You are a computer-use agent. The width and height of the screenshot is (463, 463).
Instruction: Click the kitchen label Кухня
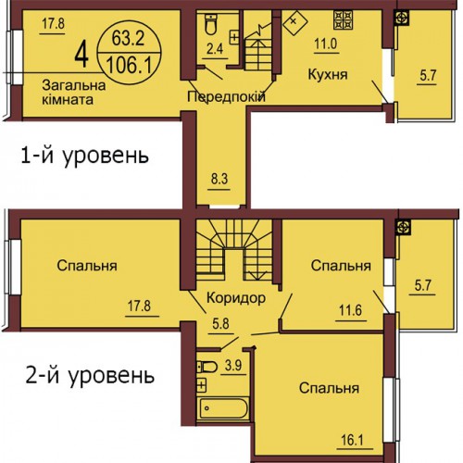click(x=328, y=75)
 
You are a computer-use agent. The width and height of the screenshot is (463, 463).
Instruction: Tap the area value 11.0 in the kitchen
click(x=326, y=44)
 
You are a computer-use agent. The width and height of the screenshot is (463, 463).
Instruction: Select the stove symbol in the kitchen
click(x=343, y=20)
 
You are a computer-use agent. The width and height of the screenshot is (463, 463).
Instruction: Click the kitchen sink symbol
click(x=295, y=21)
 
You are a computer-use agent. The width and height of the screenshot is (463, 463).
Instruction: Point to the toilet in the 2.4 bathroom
click(x=211, y=24)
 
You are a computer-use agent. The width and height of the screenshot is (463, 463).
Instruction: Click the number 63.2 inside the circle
click(x=128, y=39)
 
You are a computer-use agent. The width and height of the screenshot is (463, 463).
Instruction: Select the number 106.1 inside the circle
click(x=129, y=66)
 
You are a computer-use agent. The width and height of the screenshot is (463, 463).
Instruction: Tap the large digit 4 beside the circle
click(x=81, y=55)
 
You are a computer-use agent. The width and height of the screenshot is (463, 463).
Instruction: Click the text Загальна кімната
click(x=74, y=92)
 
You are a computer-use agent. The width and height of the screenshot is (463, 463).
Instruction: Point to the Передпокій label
click(x=226, y=96)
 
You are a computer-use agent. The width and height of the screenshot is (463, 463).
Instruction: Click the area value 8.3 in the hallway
click(x=219, y=179)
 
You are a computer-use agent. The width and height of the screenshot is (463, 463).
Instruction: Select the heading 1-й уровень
click(x=84, y=156)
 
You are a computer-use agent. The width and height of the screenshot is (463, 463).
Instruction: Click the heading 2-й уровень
click(x=90, y=376)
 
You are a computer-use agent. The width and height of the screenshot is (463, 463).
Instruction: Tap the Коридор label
click(x=236, y=298)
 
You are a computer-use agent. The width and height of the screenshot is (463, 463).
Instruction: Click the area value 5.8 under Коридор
click(x=220, y=324)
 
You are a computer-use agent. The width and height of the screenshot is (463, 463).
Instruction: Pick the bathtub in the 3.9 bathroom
click(x=223, y=408)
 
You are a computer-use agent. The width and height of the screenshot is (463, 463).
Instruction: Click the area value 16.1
click(x=352, y=440)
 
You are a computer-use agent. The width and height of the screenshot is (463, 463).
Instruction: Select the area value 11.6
click(x=350, y=310)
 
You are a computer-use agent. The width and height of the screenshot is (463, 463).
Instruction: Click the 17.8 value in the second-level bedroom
click(x=139, y=307)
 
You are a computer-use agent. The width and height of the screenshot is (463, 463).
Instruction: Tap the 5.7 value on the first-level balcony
click(x=428, y=75)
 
